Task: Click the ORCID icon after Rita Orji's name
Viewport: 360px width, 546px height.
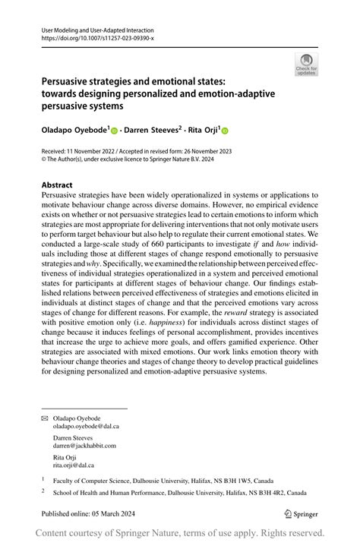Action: coord(225,131)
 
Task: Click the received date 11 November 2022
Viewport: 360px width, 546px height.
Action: coord(96,152)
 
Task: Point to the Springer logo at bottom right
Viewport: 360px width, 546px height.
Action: coord(300,513)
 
